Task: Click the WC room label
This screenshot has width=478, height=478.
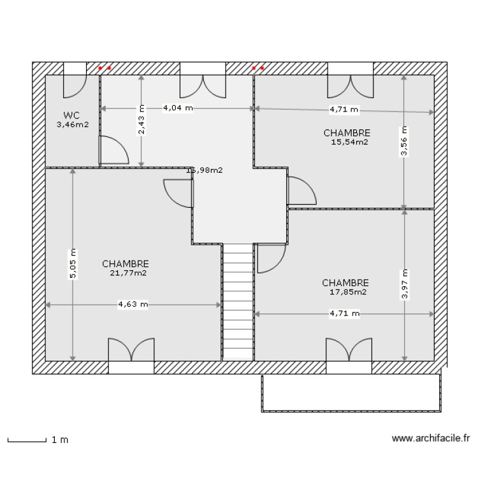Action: pos(71,115)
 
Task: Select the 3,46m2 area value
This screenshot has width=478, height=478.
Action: pos(71,125)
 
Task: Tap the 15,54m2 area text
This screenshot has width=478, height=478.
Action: pos(349,142)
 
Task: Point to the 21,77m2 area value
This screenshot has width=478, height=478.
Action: pos(127,273)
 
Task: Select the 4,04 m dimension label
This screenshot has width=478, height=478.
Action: pos(177,108)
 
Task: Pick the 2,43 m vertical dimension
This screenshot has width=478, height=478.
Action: pos(141,121)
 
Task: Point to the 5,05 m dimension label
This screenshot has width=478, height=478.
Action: pos(73,263)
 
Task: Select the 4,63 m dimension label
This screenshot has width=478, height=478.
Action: pos(133,305)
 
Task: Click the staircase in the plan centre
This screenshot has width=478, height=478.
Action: pos(238,303)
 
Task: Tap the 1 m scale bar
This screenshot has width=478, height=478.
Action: pos(27,440)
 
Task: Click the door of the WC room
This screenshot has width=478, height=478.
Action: pos(113,150)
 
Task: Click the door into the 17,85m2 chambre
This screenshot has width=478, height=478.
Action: pos(270,258)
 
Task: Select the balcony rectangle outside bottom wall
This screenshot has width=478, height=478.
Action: pos(351,393)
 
